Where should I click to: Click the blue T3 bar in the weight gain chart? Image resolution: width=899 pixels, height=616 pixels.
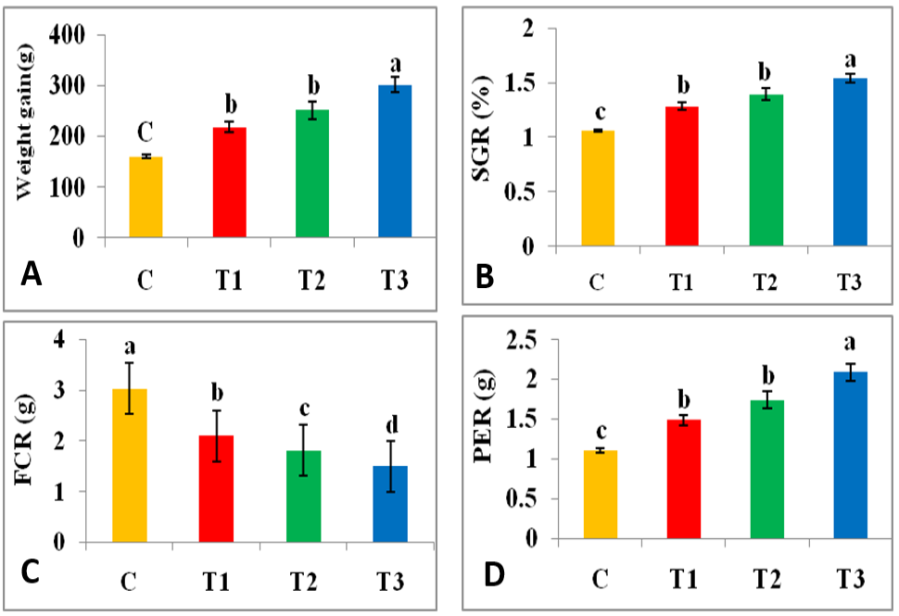click(395, 161)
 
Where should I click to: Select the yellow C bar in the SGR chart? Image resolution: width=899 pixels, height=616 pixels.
click(598, 189)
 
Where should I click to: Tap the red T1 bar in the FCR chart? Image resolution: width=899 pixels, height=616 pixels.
click(216, 489)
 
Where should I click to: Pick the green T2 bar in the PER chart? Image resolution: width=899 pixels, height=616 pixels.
click(767, 470)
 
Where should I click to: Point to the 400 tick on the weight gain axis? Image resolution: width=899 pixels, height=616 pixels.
click(67, 35)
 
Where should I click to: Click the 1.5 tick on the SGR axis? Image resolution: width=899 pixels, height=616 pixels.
click(519, 83)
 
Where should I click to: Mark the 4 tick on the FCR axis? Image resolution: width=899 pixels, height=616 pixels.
click(59, 340)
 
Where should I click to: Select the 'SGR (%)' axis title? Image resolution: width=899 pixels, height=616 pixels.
click(483, 128)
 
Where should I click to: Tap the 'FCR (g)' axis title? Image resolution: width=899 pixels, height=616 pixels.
click(25, 440)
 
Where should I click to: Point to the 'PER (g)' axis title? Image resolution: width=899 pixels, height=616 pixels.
click(485, 415)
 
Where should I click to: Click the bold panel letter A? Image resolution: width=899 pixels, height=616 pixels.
click(31, 274)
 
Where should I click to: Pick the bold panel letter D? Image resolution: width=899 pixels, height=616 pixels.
click(494, 574)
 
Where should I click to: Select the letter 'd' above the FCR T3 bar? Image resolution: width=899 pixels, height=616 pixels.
click(392, 424)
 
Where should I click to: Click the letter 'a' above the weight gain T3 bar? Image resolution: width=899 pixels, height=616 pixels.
click(395, 65)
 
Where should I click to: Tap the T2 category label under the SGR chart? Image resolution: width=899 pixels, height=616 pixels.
click(765, 282)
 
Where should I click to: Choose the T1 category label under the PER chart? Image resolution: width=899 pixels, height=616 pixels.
click(683, 579)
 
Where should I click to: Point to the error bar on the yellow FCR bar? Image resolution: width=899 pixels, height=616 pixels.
click(130, 388)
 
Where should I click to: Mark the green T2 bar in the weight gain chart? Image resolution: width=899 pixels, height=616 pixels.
click(312, 173)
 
